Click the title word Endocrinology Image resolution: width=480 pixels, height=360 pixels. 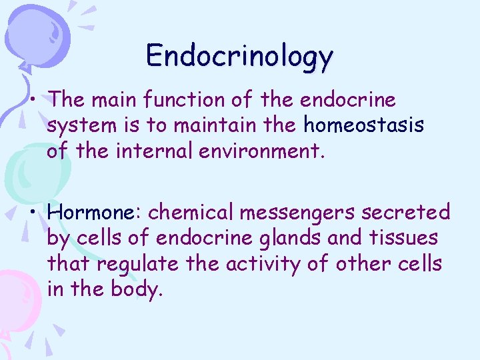[x=239, y=55]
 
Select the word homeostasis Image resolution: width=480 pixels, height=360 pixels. [x=363, y=125]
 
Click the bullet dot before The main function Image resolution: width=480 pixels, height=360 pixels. [x=33, y=101]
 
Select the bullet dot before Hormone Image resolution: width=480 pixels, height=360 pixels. [x=33, y=213]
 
